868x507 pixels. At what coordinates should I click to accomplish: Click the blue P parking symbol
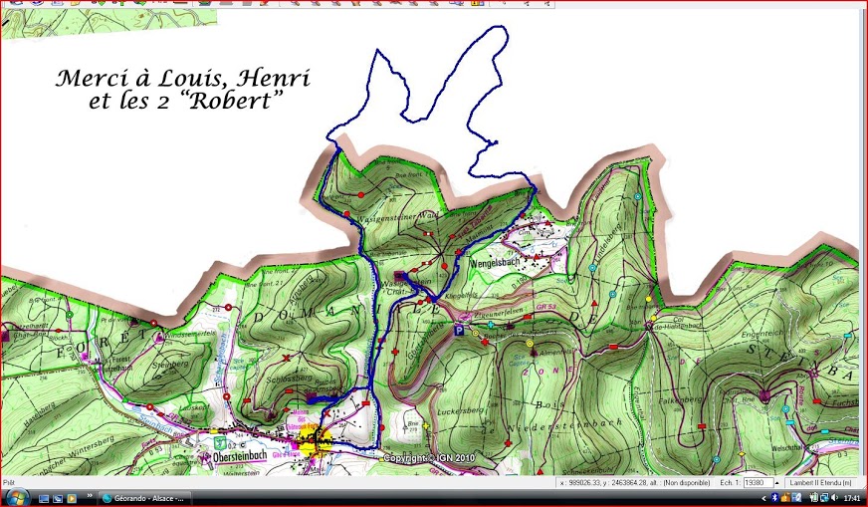(x=458, y=330)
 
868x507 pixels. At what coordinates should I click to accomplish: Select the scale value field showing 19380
(x=759, y=482)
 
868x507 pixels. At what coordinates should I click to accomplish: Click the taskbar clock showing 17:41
(x=852, y=497)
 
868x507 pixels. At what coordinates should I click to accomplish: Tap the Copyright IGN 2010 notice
(x=430, y=458)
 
